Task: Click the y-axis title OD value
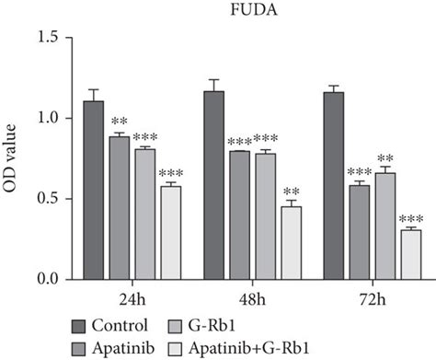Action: [x=14, y=158]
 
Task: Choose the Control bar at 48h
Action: [x=212, y=185]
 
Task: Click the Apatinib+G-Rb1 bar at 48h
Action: [x=289, y=243]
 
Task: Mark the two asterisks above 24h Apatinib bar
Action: [x=120, y=122]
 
